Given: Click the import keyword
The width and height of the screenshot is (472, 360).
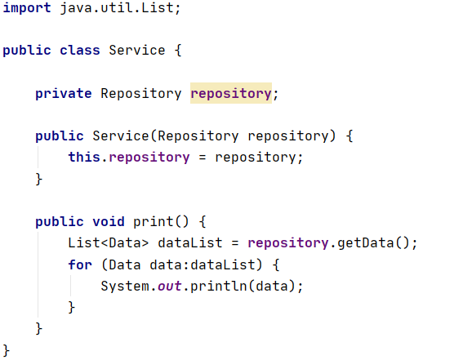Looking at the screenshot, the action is pyautogui.click(x=27, y=7).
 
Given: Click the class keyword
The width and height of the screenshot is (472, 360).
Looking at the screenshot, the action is pyautogui.click(x=80, y=50).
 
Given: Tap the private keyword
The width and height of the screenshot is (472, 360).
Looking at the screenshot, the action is pyautogui.click(x=64, y=93).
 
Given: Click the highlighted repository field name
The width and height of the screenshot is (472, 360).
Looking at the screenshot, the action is pyautogui.click(x=231, y=93).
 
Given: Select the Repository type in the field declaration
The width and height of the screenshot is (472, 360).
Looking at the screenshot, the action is pyautogui.click(x=141, y=93).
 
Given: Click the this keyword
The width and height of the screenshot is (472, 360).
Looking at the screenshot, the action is pyautogui.click(x=84, y=157).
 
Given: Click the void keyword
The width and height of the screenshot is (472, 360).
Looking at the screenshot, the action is pyautogui.click(x=109, y=222).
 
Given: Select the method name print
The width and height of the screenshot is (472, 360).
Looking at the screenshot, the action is pyautogui.click(x=154, y=222).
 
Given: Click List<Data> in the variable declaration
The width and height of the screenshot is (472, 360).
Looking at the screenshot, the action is pyautogui.click(x=109, y=243).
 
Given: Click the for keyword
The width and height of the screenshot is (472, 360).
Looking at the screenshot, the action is pyautogui.click(x=80, y=264).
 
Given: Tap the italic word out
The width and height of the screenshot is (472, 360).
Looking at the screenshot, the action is pyautogui.click(x=170, y=286).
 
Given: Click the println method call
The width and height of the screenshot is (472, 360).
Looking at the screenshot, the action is pyautogui.click(x=219, y=286).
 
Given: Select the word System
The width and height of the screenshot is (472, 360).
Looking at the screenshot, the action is pyautogui.click(x=125, y=286).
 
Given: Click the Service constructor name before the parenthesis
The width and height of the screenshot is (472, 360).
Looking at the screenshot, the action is pyautogui.click(x=121, y=136).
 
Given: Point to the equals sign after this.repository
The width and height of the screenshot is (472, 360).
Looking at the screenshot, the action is pyautogui.click(x=203, y=157).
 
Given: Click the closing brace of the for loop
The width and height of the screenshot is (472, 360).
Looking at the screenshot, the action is pyautogui.click(x=72, y=307).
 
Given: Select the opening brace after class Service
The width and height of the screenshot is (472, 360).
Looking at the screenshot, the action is pyautogui.click(x=178, y=50).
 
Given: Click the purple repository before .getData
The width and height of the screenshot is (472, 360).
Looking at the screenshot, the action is pyautogui.click(x=287, y=243).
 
